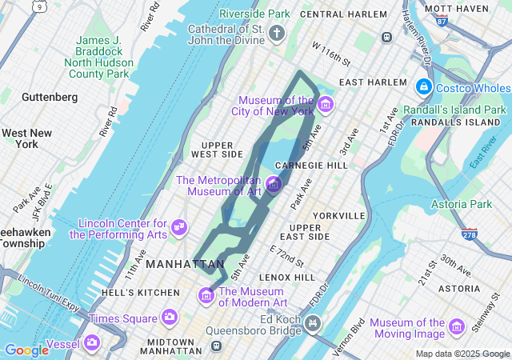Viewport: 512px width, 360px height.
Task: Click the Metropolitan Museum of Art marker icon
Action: tap(274, 185)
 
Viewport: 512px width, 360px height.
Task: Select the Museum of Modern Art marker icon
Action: tap(206, 297)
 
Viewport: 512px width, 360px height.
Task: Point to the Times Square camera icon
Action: tap(169, 318)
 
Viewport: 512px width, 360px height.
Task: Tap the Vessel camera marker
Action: tap(92, 342)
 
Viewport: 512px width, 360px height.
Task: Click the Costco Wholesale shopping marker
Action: tap(423, 86)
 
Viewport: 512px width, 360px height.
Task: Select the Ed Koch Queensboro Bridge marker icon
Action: tap(314, 324)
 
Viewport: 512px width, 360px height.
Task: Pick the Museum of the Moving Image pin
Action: tap(457, 326)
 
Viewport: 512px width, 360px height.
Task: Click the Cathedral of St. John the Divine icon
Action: tap(277, 33)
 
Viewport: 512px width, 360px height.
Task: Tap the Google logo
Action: tap(26, 350)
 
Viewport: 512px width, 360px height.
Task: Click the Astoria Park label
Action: tap(462, 205)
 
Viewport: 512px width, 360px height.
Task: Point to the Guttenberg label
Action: tap(50, 98)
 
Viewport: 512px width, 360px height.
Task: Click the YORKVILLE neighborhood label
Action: tap(338, 216)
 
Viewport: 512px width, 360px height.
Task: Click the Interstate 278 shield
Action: tap(470, 234)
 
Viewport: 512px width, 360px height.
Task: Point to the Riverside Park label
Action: tap(254, 14)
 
